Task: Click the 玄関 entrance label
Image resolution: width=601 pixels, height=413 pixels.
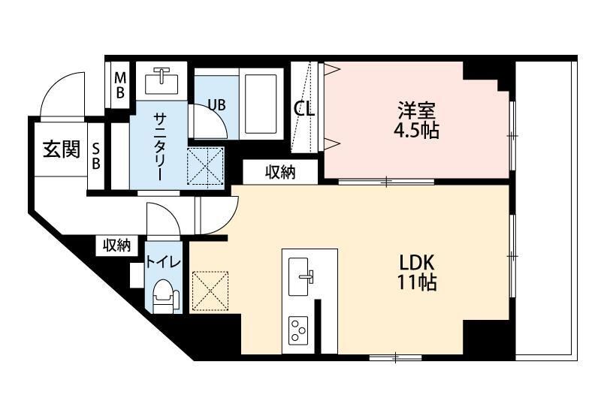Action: tap(60, 149)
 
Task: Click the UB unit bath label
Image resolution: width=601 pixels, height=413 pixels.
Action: tap(216, 104)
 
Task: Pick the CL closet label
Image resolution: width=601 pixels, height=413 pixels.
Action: tap(304, 109)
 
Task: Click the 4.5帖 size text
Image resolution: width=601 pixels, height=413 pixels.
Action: tap(416, 131)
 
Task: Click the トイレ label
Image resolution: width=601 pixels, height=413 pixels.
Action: tap(162, 262)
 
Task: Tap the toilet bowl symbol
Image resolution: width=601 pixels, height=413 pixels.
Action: tap(162, 294)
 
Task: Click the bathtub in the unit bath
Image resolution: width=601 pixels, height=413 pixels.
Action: tap(261, 103)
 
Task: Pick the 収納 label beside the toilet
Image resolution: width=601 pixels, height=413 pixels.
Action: tap(117, 245)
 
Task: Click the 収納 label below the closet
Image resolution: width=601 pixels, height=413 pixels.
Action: tap(279, 172)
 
